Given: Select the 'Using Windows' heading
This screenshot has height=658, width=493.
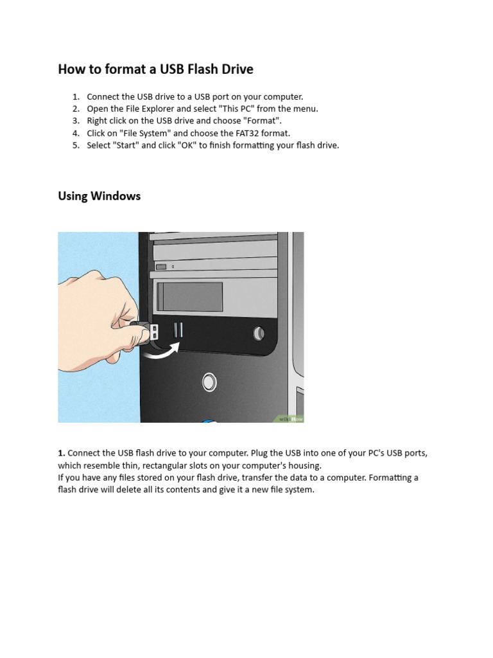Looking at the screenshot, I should [99, 196].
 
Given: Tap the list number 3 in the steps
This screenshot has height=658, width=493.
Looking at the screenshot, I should [75, 121].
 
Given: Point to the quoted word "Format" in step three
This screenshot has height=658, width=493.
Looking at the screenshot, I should [263, 121].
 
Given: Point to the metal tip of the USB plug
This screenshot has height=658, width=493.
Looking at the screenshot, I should [153, 332].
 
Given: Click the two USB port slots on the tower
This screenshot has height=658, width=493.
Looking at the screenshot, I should [178, 330].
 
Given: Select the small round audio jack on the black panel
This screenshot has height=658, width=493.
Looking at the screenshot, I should [259, 333].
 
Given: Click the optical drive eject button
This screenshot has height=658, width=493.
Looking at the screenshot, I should [161, 267].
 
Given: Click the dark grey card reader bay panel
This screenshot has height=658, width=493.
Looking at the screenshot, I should [190, 297].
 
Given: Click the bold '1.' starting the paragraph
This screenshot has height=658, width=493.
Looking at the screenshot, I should [62, 453].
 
